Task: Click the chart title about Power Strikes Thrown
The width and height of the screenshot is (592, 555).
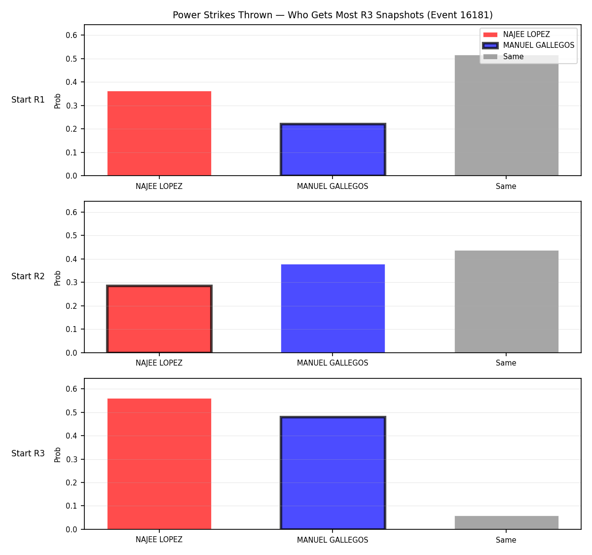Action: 333,15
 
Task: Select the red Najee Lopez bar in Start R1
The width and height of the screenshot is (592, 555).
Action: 159,133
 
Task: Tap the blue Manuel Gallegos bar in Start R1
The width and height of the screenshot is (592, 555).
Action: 333,149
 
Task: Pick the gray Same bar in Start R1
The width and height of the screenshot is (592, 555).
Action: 506,115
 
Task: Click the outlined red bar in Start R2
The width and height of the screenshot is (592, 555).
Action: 159,319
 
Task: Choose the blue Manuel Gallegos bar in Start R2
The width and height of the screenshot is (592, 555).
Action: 333,308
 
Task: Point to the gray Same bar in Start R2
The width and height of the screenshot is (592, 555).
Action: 506,301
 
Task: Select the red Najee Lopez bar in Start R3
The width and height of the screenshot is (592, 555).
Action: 159,464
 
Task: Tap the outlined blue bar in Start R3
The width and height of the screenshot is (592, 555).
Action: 333,473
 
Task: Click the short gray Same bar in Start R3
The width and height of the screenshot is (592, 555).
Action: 506,522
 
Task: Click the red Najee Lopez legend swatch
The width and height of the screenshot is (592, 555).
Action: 490,35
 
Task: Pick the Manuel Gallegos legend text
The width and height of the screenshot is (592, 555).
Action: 538,45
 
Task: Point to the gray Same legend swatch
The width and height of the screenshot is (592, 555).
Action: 490,57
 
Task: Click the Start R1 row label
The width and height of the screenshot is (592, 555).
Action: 28,100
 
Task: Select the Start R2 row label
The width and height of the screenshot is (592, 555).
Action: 28,276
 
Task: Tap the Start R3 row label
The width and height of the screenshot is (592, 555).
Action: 28,453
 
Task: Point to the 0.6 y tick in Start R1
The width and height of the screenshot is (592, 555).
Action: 71,35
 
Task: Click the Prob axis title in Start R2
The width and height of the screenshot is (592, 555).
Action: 57,278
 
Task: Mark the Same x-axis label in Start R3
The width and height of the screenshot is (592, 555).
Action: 506,540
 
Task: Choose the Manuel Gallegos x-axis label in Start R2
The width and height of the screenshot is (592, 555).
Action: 333,363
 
